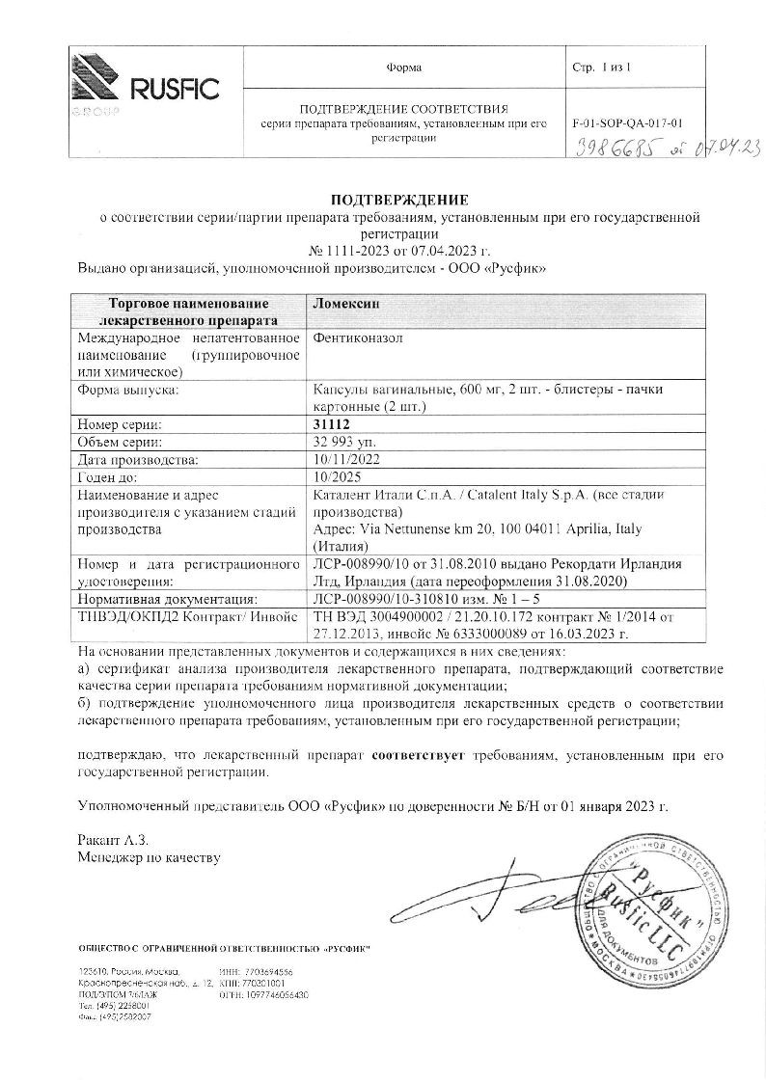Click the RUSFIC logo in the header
point(145,90)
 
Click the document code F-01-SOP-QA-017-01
point(628,123)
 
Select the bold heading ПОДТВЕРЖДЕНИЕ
point(399,200)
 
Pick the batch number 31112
point(331,424)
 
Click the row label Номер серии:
point(119,424)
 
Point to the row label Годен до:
point(108,477)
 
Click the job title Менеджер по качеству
point(149,856)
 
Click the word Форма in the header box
point(403,68)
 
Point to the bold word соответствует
point(421,757)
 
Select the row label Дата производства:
point(136,460)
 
